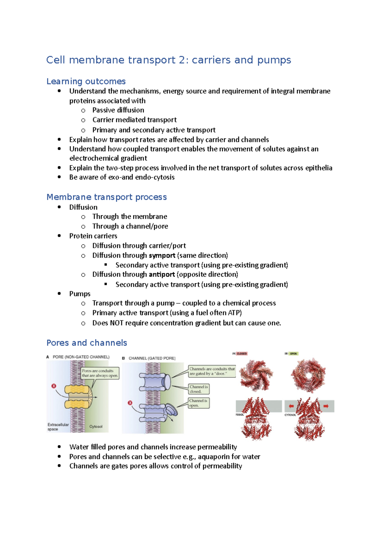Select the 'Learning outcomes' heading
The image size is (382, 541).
point(86,82)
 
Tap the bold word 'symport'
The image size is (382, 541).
point(162,256)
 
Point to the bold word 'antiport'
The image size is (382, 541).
point(162,275)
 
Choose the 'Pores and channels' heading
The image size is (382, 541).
point(87,343)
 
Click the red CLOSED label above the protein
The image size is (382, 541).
point(242,354)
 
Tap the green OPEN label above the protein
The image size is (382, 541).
point(293,354)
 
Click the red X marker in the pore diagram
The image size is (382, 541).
point(54,386)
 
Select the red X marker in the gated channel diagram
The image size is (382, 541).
point(130,403)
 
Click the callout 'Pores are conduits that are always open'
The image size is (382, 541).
point(100,373)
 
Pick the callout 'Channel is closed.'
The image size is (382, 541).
point(199,389)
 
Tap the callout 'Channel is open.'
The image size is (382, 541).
point(198,403)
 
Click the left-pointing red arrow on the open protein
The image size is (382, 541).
point(291,406)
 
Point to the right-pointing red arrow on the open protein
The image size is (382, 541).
point(326,406)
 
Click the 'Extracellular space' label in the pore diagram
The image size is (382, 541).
point(58,427)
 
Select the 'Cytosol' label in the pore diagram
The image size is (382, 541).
point(96,427)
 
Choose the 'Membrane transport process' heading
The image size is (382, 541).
point(107,197)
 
